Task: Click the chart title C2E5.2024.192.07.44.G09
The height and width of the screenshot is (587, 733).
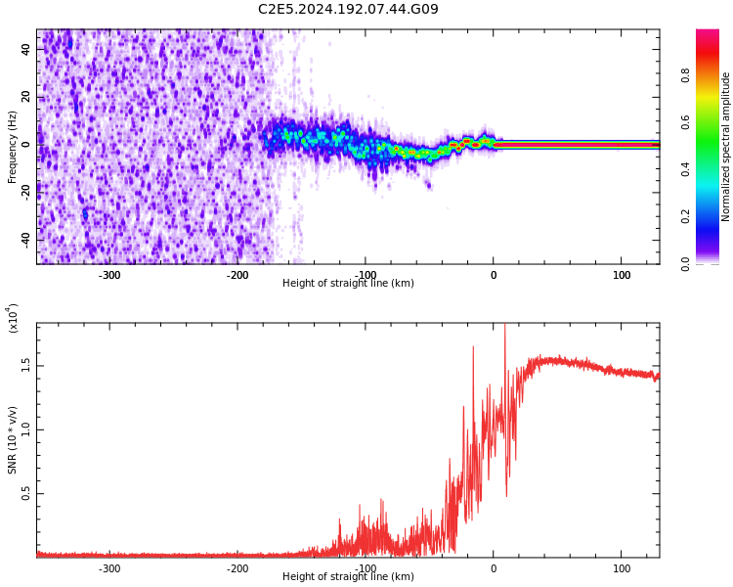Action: click(348, 9)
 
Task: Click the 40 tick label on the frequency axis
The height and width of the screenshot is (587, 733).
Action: click(26, 50)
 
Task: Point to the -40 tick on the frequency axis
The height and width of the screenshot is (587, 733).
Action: click(26, 239)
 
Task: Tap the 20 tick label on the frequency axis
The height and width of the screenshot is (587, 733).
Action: click(26, 97)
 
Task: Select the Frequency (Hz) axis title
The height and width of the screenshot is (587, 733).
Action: click(13, 147)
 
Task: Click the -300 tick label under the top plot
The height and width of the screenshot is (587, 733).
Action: click(109, 275)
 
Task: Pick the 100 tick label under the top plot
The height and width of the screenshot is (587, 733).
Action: click(622, 275)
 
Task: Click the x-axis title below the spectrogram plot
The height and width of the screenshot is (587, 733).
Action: click(348, 284)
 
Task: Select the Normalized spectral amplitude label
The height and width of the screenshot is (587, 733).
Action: click(726, 147)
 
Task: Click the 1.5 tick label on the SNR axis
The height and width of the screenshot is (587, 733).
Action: click(26, 365)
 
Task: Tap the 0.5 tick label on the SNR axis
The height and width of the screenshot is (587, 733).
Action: click(26, 494)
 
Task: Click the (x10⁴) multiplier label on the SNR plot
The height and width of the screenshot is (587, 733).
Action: click(13, 318)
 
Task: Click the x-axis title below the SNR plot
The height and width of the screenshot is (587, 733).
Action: click(348, 577)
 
